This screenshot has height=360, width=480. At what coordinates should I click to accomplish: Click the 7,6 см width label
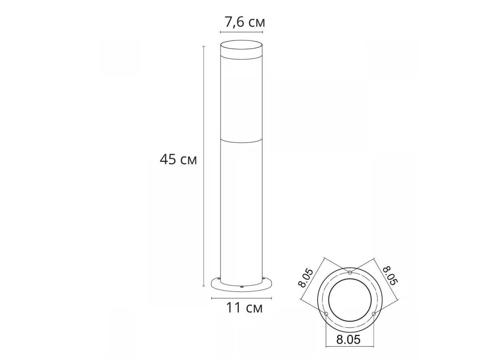[245, 22]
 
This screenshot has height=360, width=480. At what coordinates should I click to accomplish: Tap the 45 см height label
[178, 159]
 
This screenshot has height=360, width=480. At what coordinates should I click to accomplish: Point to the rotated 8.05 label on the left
[306, 278]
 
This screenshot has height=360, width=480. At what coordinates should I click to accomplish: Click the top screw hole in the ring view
[350, 272]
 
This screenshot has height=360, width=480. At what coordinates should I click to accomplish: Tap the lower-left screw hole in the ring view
[326, 314]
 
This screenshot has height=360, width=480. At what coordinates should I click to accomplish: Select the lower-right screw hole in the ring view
[374, 314]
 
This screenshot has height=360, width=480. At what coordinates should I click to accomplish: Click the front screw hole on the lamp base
[242, 288]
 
